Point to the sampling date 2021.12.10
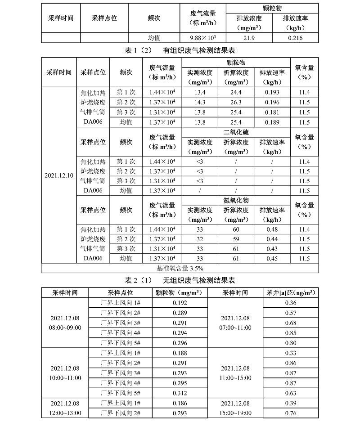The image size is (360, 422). pyautogui.click(x=59, y=175)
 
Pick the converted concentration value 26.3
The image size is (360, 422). pyautogui.click(x=236, y=102)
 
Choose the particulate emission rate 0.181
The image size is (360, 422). pyautogui.click(x=272, y=112)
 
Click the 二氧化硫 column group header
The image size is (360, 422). pyautogui.click(x=236, y=132)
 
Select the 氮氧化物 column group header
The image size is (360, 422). pyautogui.click(x=236, y=200)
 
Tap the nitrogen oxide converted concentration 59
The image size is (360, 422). pyautogui.click(x=236, y=239)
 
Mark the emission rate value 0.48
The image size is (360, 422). pyautogui.click(x=272, y=229)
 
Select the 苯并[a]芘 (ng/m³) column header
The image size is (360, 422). pyautogui.click(x=291, y=293)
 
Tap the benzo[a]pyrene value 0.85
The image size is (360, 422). pyautogui.click(x=291, y=333)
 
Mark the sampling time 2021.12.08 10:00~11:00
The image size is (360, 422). pyautogui.click(x=65, y=373)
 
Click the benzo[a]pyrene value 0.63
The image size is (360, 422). pyautogui.click(x=291, y=392)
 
